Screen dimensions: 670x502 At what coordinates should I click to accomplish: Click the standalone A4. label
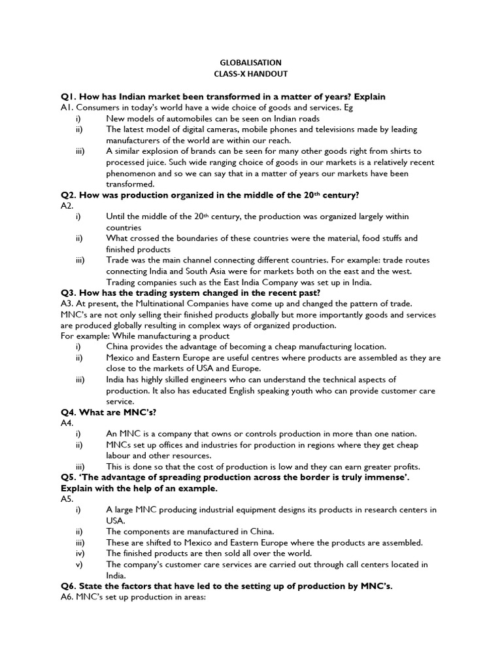pos(69,423)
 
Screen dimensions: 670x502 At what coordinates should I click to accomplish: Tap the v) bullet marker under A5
pos(79,564)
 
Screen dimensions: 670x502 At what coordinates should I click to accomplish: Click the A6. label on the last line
pos(68,597)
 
